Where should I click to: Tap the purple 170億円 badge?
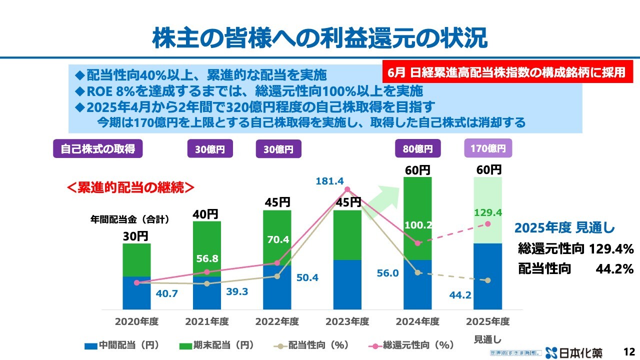point(488,148)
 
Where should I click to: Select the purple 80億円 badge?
point(417,148)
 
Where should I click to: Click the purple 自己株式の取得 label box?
point(98,148)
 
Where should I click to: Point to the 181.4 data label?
point(329,181)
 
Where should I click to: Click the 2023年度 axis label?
point(347,321)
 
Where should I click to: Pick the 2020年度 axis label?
point(136,321)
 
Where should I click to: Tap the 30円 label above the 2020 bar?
point(136,236)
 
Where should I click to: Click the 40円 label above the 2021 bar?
point(205,214)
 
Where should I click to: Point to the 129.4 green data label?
point(487,213)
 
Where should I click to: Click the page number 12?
point(629,351)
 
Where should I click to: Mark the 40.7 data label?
point(166,294)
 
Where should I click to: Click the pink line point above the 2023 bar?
point(347,189)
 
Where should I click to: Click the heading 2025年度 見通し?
point(564,228)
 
